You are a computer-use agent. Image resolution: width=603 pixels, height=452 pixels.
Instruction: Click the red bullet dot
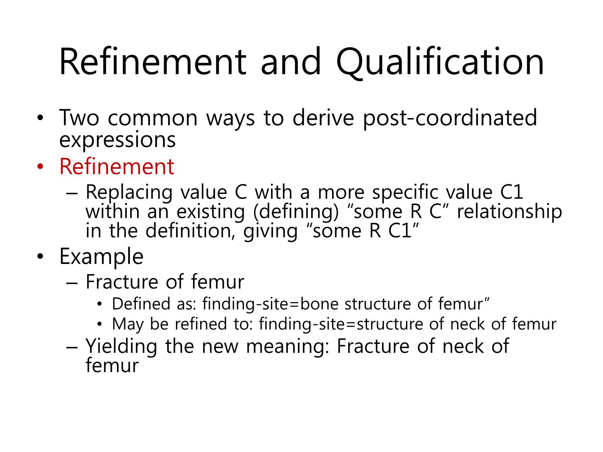40,166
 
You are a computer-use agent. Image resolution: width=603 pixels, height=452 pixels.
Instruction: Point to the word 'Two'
79,118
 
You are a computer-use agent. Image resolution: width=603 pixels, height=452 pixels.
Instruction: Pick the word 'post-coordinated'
450,119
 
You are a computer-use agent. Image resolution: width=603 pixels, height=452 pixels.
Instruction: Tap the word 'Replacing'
129,193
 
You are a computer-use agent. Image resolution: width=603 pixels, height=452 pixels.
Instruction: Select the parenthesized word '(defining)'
296,212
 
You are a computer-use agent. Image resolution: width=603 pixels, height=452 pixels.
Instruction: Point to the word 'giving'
270,232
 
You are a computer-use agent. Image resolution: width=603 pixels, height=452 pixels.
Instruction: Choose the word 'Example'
101,257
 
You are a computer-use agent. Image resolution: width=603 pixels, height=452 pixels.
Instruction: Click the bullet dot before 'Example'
40,256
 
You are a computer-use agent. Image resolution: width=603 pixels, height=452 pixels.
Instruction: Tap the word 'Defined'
141,304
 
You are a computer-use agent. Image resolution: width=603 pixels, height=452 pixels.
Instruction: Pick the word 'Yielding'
121,347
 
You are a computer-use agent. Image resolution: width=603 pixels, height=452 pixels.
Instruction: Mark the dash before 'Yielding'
72,348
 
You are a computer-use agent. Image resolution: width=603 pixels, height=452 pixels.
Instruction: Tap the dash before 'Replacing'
72,194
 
